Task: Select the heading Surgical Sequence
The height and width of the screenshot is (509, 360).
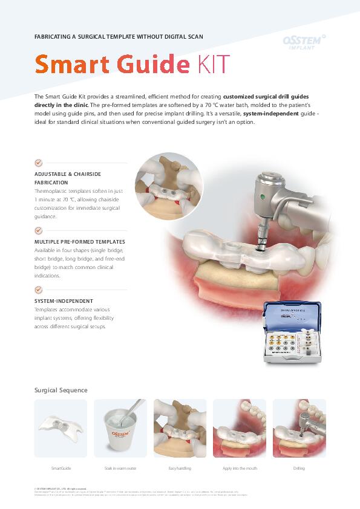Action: click(61, 390)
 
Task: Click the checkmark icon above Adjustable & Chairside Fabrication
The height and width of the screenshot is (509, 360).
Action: click(39, 163)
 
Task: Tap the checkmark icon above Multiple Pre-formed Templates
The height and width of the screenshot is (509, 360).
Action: click(39, 230)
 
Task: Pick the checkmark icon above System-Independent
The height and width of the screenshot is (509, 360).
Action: click(39, 290)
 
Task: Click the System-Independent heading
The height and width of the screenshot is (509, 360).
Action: click(64, 300)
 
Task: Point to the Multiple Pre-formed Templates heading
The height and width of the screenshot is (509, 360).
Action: click(80, 241)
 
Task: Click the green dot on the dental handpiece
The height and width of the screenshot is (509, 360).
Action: click(263, 196)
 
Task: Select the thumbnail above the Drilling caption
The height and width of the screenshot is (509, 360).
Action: click(299, 428)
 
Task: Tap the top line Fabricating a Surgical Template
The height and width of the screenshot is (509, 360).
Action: click(119, 37)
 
